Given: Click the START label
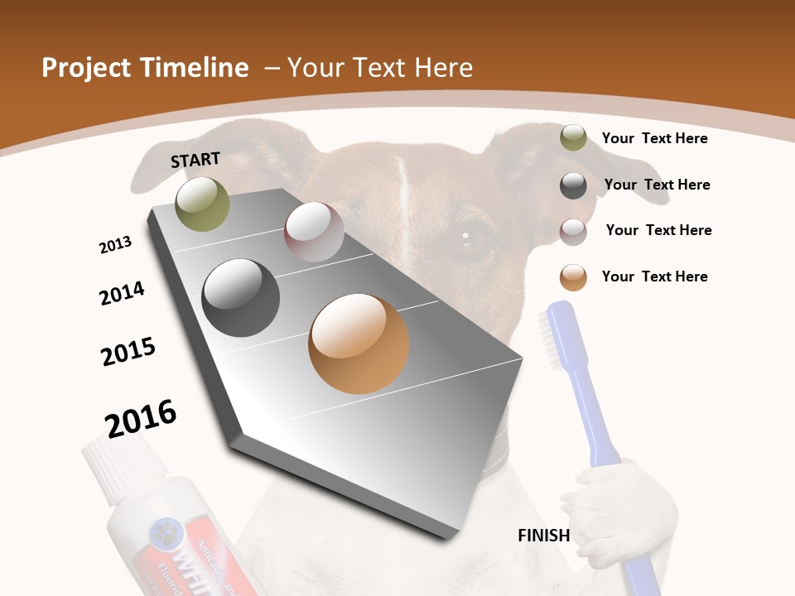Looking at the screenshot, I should (195, 160).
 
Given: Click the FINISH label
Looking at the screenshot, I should (544, 536).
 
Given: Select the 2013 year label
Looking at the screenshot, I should (116, 245).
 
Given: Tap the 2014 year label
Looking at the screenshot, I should (122, 293).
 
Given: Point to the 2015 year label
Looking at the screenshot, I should (128, 351).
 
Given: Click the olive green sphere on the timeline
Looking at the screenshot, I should (202, 204).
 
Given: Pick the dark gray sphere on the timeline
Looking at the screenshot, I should (241, 297).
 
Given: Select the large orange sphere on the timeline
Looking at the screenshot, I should (359, 344).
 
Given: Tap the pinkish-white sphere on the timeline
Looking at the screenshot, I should (314, 231).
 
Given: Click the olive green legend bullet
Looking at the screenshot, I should (573, 138).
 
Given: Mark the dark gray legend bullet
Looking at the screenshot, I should (573, 185).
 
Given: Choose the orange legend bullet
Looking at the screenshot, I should (573, 277).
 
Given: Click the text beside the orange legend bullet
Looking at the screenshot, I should (654, 276).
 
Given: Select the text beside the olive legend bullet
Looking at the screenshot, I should (654, 138).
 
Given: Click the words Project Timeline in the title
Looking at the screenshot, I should (145, 68).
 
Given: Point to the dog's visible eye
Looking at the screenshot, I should (466, 237).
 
